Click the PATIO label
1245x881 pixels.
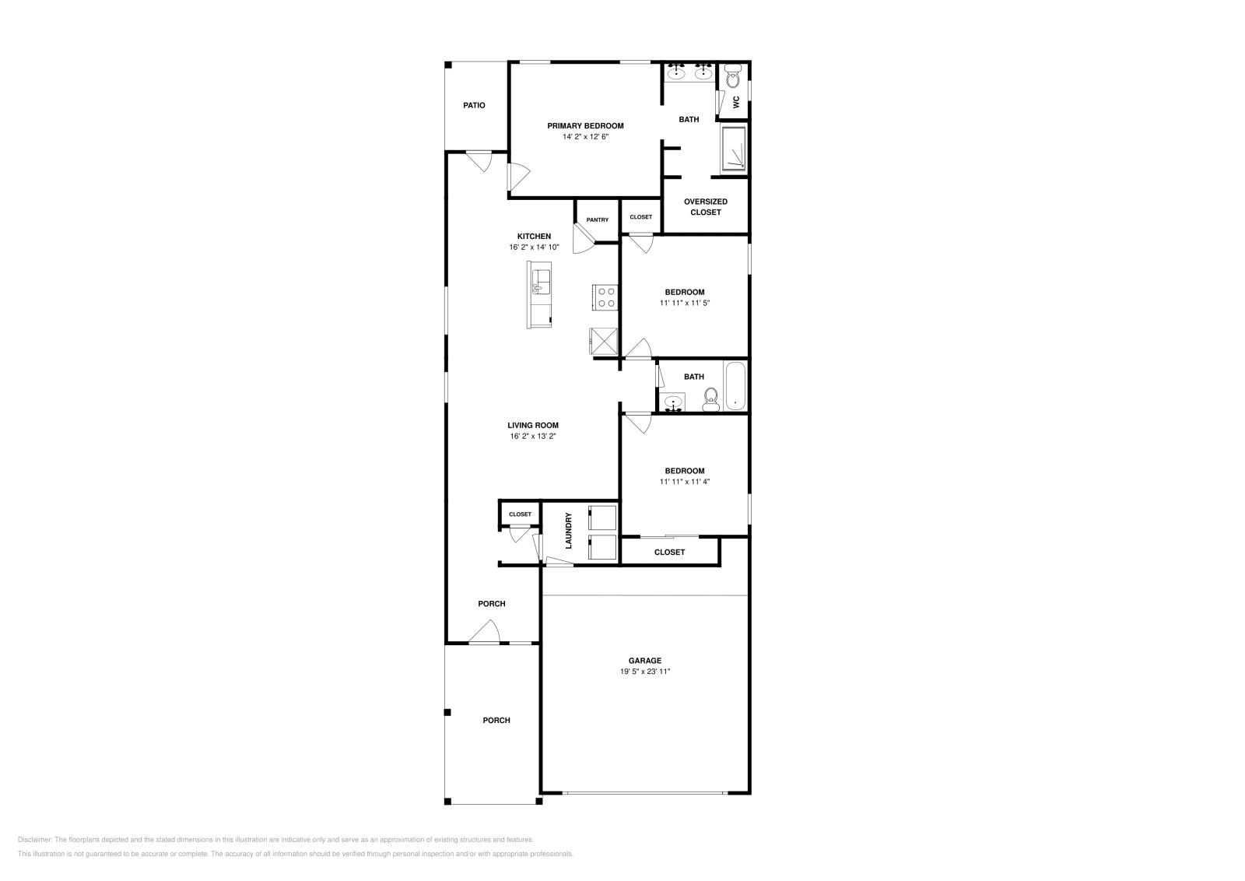click(x=474, y=105)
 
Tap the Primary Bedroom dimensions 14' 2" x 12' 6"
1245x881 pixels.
click(x=585, y=137)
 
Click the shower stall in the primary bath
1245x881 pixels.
click(x=734, y=149)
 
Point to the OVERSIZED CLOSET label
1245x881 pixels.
click(x=706, y=207)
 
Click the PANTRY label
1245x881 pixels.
click(x=598, y=220)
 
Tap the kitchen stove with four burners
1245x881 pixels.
click(x=605, y=297)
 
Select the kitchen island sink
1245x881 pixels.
click(x=540, y=280)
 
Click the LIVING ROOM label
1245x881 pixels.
click(x=533, y=426)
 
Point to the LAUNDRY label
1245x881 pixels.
click(x=569, y=530)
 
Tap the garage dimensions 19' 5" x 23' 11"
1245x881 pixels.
click(x=645, y=672)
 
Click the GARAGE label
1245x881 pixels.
click(x=645, y=661)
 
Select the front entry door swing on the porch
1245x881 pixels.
click(x=486, y=632)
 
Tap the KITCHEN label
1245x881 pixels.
click(x=534, y=237)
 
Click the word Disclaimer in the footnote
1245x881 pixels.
click(x=34, y=840)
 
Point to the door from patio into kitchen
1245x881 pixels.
click(x=479, y=161)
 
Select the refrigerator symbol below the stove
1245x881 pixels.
click(x=603, y=340)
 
